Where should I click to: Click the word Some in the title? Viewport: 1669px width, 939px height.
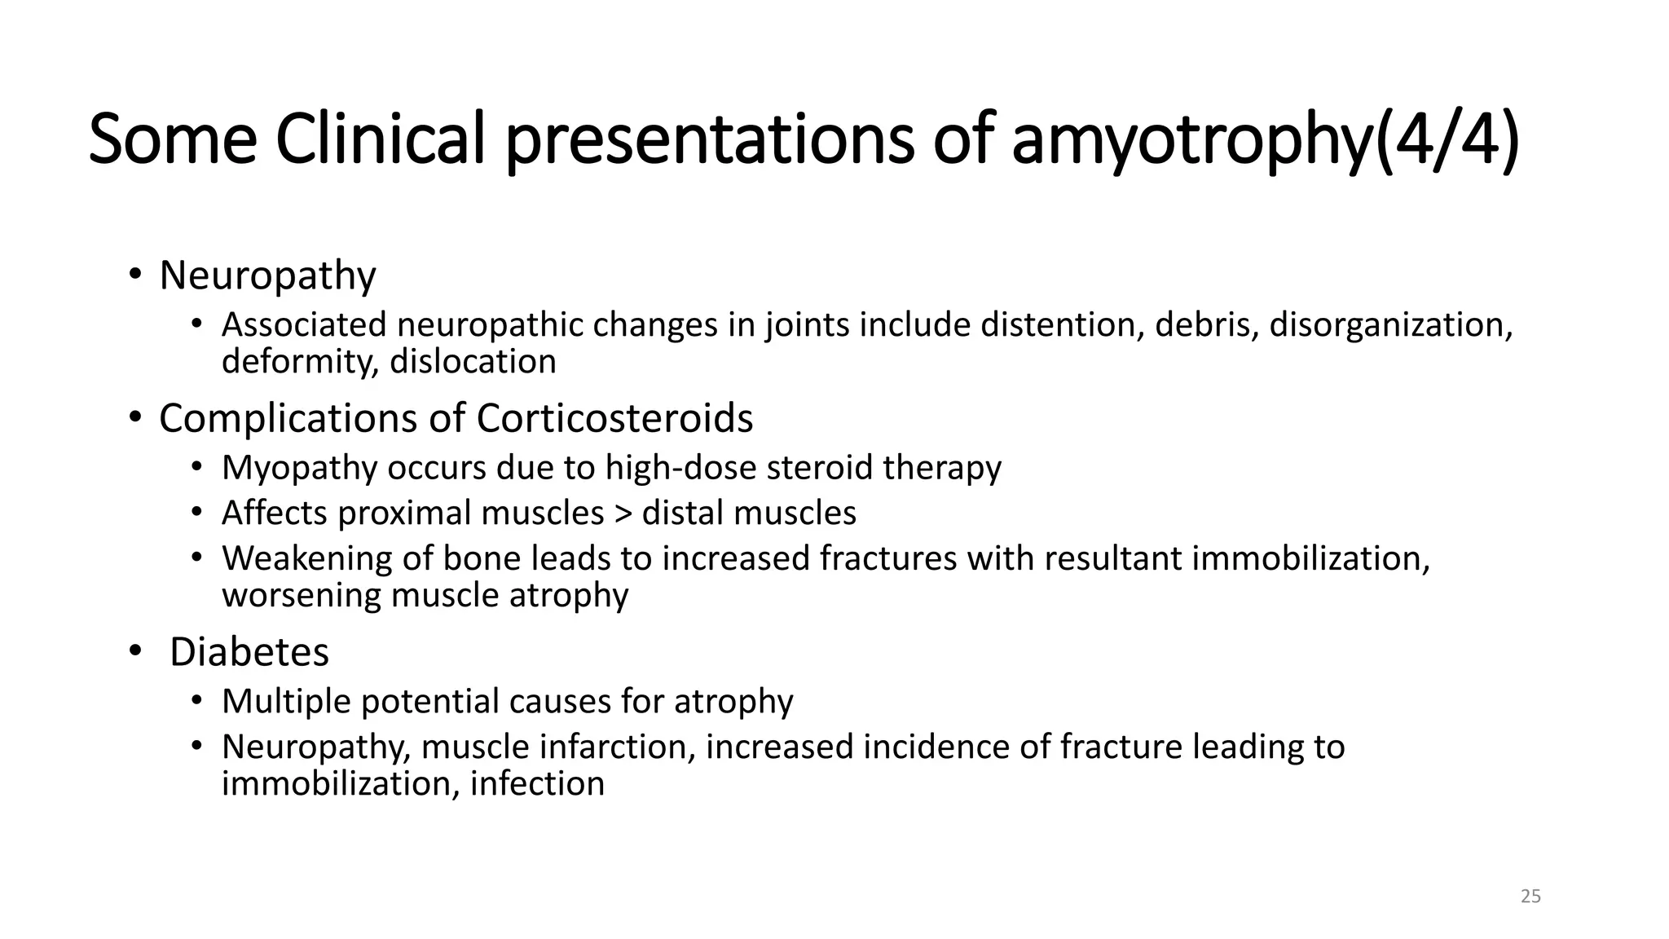[172, 139]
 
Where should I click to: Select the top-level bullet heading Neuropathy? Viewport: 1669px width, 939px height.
[267, 276]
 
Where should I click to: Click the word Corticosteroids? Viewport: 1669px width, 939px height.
[614, 418]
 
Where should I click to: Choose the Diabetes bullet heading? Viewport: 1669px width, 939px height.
[249, 652]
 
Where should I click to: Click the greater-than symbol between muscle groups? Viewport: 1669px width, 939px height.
[623, 514]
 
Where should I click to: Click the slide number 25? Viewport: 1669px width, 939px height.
[1530, 897]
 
